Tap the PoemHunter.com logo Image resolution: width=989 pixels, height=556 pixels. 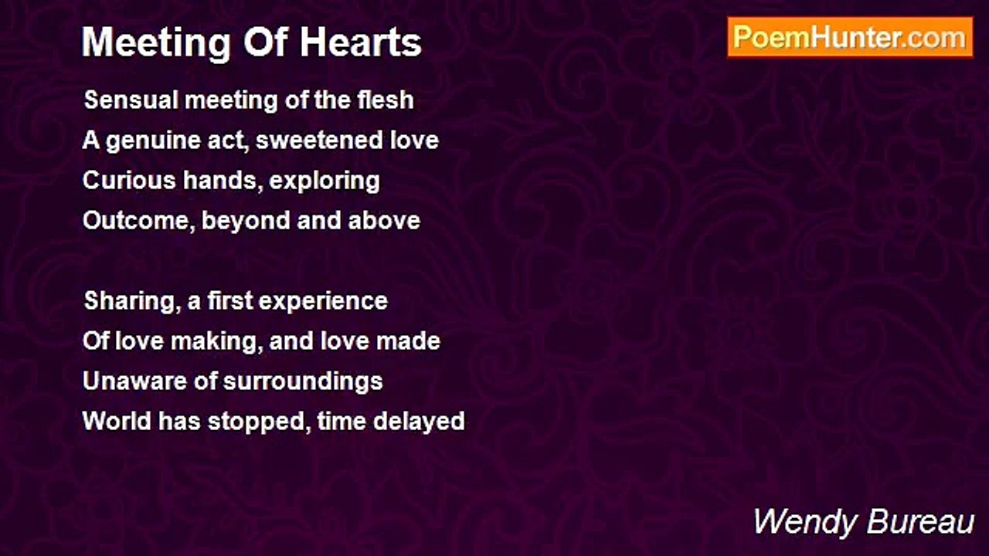click(850, 38)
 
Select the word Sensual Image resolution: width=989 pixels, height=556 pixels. click(131, 100)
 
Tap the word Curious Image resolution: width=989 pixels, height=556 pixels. click(129, 181)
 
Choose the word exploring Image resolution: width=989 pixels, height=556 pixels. click(325, 181)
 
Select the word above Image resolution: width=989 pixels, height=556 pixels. click(384, 221)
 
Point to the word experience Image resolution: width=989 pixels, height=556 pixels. click(323, 302)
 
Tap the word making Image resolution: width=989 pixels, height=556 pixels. click(214, 342)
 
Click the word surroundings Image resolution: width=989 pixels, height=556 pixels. click(303, 382)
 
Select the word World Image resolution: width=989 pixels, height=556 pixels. click(117, 421)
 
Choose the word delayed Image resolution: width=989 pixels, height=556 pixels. click(419, 422)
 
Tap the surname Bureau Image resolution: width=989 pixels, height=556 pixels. click(920, 523)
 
